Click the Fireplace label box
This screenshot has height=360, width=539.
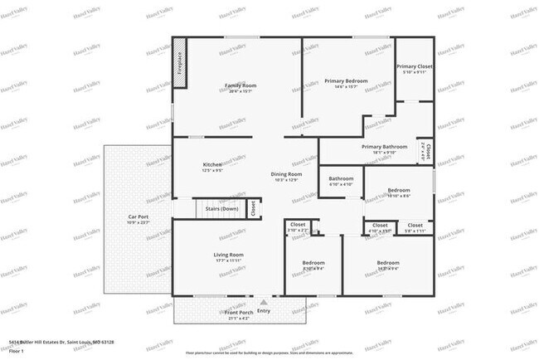(178, 64)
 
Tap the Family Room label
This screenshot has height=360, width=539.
(240, 85)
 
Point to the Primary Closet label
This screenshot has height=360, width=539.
(413, 66)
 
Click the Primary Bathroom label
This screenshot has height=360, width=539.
(384, 147)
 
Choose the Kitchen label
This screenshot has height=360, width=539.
(212, 164)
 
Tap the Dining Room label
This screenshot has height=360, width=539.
(284, 174)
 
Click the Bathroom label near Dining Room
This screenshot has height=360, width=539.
(341, 178)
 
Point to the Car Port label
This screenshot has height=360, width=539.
(138, 217)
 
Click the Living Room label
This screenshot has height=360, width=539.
(229, 255)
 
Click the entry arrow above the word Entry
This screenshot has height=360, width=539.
(264, 303)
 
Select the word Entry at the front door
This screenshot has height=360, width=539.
(264, 311)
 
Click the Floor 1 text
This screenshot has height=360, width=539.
(16, 349)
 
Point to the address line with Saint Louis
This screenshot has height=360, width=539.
(61, 341)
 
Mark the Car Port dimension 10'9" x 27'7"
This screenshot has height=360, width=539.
(138, 223)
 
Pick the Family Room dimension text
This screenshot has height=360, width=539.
(240, 91)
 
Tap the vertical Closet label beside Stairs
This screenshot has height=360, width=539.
(254, 208)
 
